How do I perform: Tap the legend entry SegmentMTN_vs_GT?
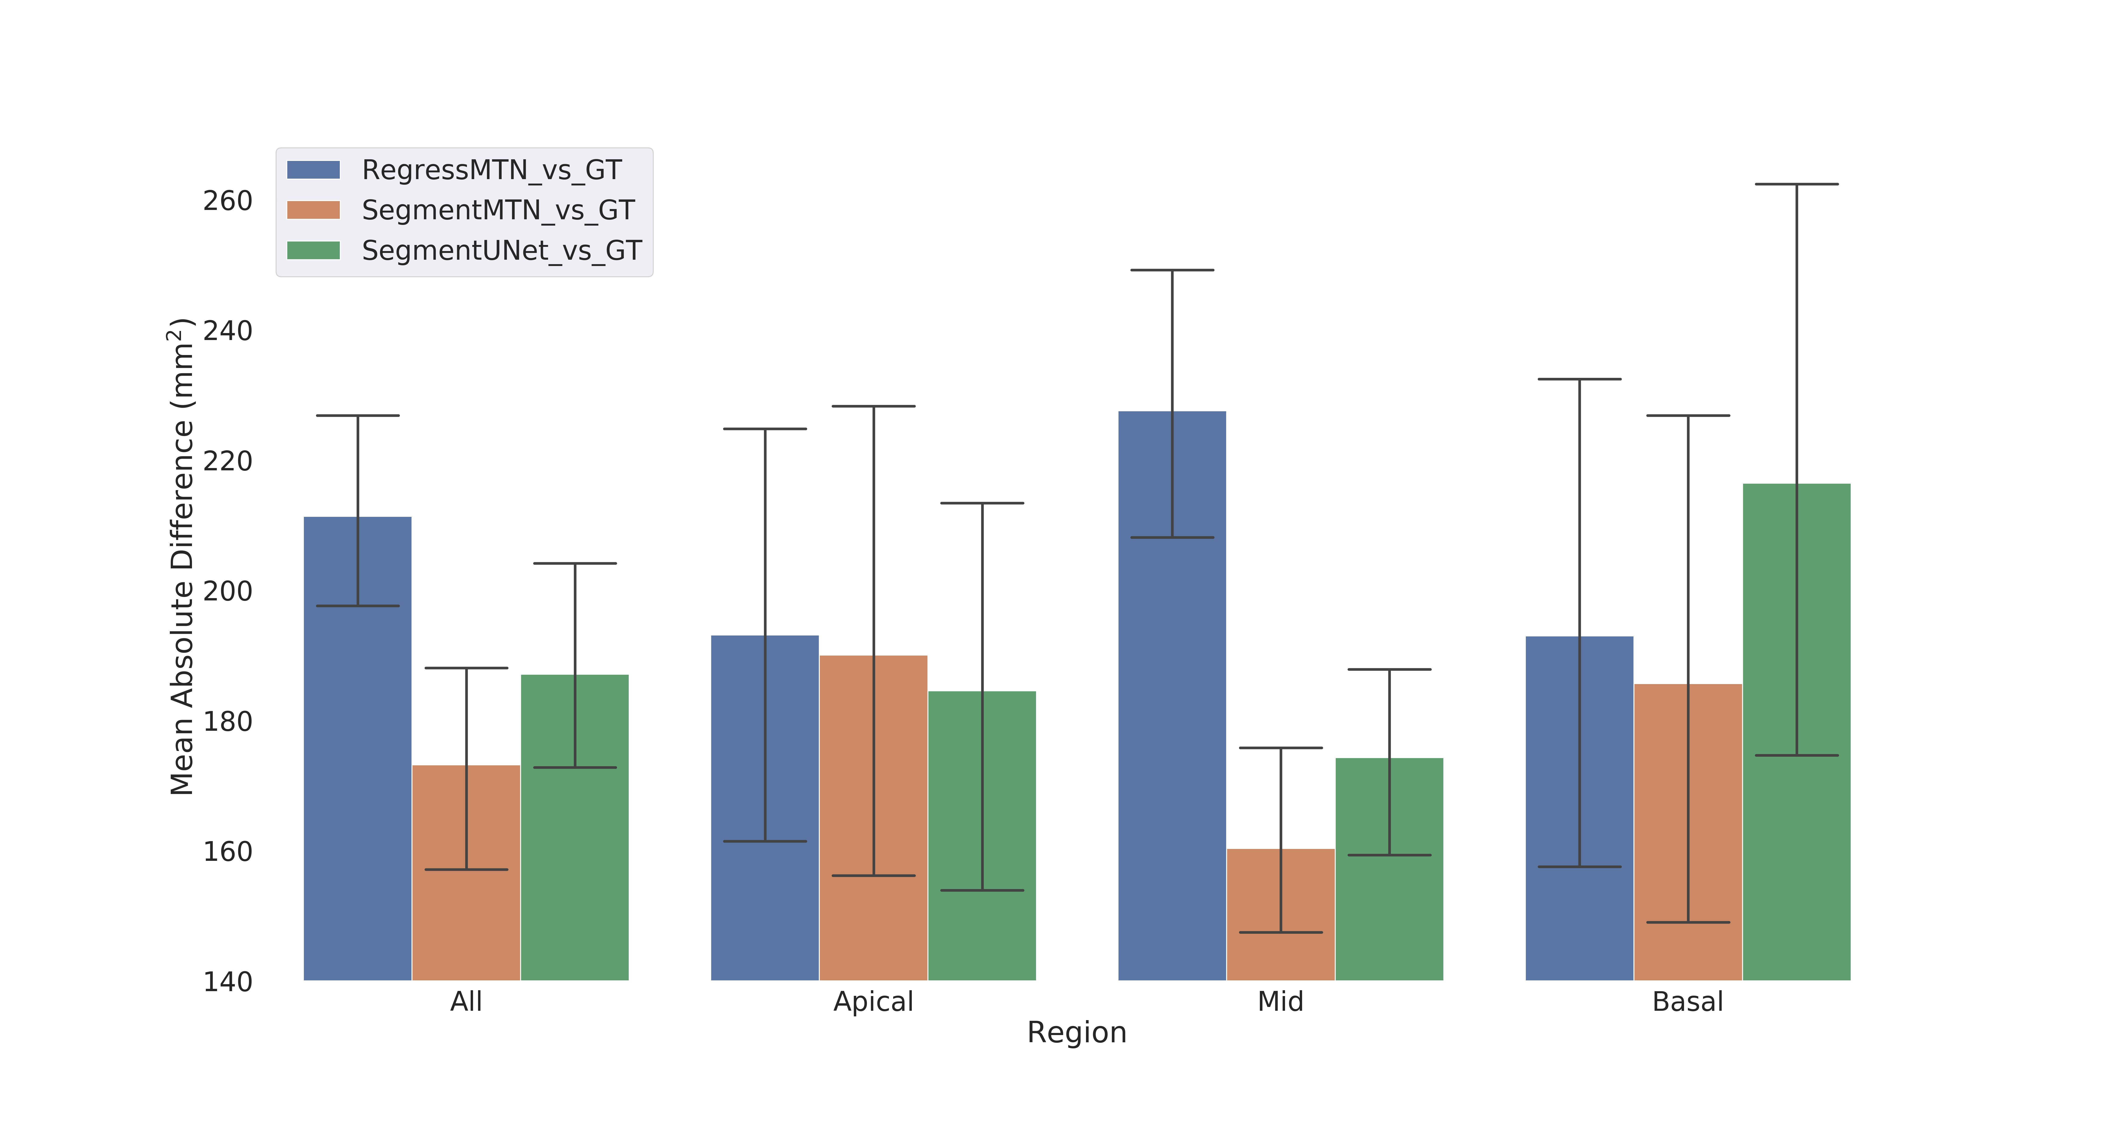pos(498,210)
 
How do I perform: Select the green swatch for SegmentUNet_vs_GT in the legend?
pos(313,250)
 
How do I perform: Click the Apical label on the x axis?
pos(873,1001)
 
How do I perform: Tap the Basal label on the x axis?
pos(1687,1001)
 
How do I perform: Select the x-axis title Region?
pos(1076,1032)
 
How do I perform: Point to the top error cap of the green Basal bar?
pos(1796,184)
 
